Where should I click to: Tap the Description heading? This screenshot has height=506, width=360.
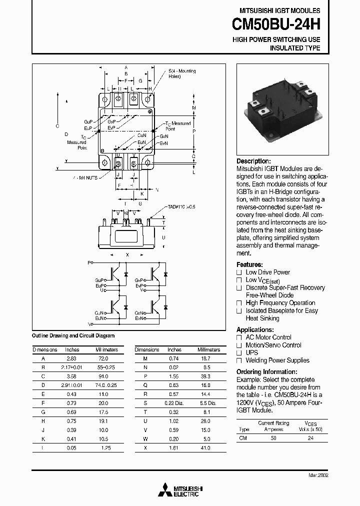253,161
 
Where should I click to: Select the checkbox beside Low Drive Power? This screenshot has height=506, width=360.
239,272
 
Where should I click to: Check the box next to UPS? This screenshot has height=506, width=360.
239,353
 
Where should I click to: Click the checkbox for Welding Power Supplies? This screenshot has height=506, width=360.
239,360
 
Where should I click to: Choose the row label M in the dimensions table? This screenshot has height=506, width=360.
145,358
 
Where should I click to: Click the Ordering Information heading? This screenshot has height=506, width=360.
266,372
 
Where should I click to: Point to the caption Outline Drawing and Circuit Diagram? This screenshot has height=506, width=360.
73,336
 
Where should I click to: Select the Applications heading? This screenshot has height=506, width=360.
255,330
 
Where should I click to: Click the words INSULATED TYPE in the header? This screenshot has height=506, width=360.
295,48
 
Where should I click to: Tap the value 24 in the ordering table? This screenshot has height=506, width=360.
311,437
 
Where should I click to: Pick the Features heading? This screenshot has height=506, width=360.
249,264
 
